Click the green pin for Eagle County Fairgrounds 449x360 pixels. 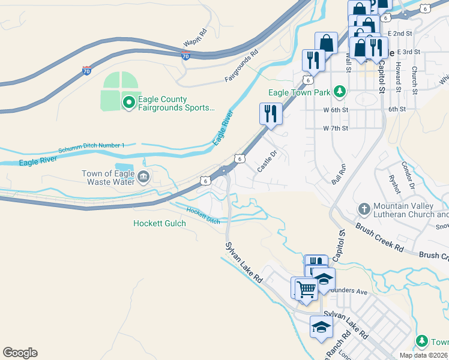coord(128,103)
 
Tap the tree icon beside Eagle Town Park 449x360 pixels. coord(340,92)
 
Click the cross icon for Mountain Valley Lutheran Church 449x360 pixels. coord(363,209)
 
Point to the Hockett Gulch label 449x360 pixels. coord(159,223)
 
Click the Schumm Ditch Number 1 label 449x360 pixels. coord(91,146)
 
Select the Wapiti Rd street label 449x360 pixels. coord(195,38)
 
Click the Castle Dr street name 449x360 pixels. coord(267,161)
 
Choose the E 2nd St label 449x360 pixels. coord(400,34)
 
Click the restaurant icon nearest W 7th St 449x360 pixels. coord(271,113)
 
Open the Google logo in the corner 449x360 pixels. coord(20,353)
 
